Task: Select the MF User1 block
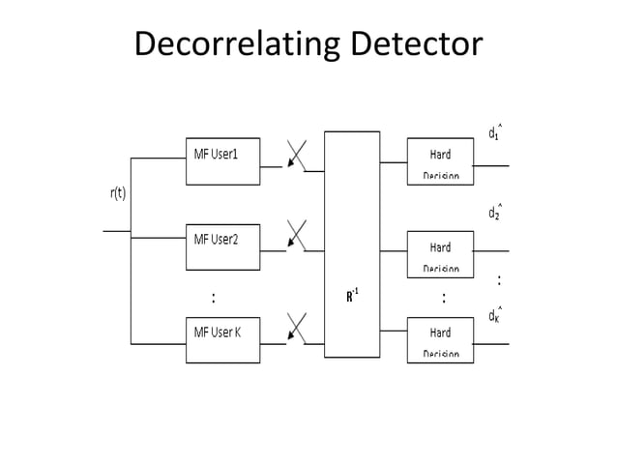pyautogui.click(x=222, y=160)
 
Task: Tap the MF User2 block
pyautogui.click(x=222, y=246)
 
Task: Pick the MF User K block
pyautogui.click(x=222, y=339)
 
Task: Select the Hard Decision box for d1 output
pyautogui.click(x=440, y=160)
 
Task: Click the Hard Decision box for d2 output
pyautogui.click(x=440, y=253)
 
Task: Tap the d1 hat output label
pyautogui.click(x=494, y=131)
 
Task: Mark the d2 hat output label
pyautogui.click(x=494, y=212)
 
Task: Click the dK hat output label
pyautogui.click(x=494, y=315)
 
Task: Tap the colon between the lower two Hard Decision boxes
pyautogui.click(x=444, y=297)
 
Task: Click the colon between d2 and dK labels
pyautogui.click(x=499, y=280)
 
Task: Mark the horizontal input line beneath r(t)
pyautogui.click(x=116, y=231)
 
